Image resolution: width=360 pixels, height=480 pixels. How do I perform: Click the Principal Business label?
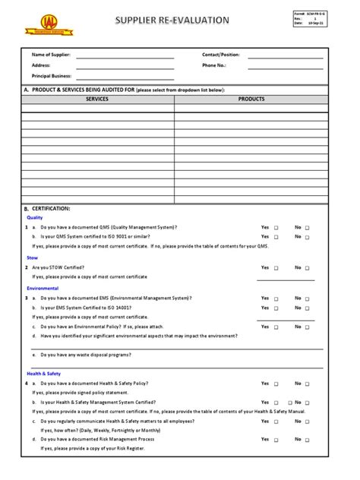[52, 76]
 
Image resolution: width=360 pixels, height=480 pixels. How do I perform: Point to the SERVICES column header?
[97, 99]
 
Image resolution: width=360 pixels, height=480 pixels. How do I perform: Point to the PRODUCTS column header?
[251, 99]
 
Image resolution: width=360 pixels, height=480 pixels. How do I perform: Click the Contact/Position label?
[221, 55]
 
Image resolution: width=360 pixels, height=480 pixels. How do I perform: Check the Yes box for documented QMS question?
[276, 227]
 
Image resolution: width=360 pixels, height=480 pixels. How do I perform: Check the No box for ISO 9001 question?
[308, 237]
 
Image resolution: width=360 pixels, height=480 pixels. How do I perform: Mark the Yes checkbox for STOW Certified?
[276, 268]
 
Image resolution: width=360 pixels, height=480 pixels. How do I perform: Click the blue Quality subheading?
[35, 217]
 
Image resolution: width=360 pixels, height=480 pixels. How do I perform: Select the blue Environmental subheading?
[43, 289]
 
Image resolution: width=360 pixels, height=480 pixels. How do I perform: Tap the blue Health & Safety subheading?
[44, 374]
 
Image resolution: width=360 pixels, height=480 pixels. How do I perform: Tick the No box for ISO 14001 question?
[308, 308]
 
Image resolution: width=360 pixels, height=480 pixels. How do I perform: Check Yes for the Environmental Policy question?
[276, 327]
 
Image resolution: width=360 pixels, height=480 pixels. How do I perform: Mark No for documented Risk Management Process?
[308, 440]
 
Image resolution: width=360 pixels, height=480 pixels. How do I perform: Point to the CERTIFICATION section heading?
[51, 208]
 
